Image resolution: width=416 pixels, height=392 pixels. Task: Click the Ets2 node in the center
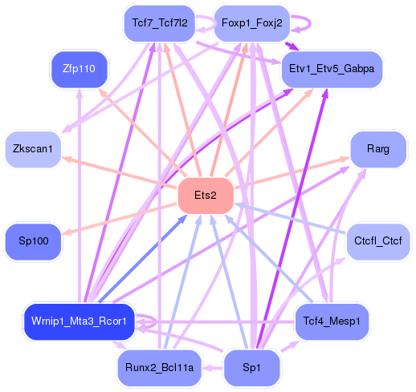(205, 196)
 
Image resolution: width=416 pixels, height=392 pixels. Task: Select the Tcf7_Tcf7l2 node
(160, 22)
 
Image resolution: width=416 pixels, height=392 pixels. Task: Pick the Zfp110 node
(78, 69)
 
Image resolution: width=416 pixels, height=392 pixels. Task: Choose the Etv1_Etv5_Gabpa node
(331, 69)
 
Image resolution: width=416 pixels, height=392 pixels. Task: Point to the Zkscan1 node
(33, 148)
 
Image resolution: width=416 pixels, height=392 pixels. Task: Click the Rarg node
(377, 148)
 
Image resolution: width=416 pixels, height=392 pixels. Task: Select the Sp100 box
(33, 240)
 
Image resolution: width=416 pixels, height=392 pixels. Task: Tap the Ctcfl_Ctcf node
(377, 240)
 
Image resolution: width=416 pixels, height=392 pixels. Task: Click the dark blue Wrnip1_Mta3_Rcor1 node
(79, 321)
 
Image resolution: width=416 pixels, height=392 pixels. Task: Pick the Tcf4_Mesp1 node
(331, 321)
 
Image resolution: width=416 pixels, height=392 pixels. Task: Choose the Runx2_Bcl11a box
(160, 368)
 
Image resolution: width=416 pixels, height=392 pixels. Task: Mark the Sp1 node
(251, 368)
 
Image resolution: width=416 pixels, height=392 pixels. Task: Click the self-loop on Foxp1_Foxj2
(300, 22)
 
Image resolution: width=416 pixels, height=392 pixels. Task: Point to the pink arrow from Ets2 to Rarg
(289, 174)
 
